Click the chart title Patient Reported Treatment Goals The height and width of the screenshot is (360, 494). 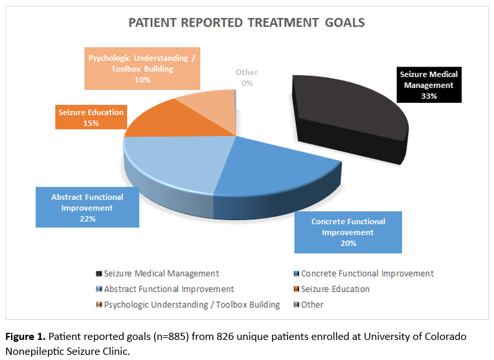tap(247, 23)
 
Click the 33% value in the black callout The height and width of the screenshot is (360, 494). tap(428, 96)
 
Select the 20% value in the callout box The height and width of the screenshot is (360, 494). tap(348, 243)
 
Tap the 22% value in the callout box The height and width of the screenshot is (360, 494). tap(87, 219)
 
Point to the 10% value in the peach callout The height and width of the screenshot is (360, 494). tap(142, 80)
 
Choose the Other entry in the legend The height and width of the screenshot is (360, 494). tap(313, 304)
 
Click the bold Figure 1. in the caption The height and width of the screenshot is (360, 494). tap(27, 337)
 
